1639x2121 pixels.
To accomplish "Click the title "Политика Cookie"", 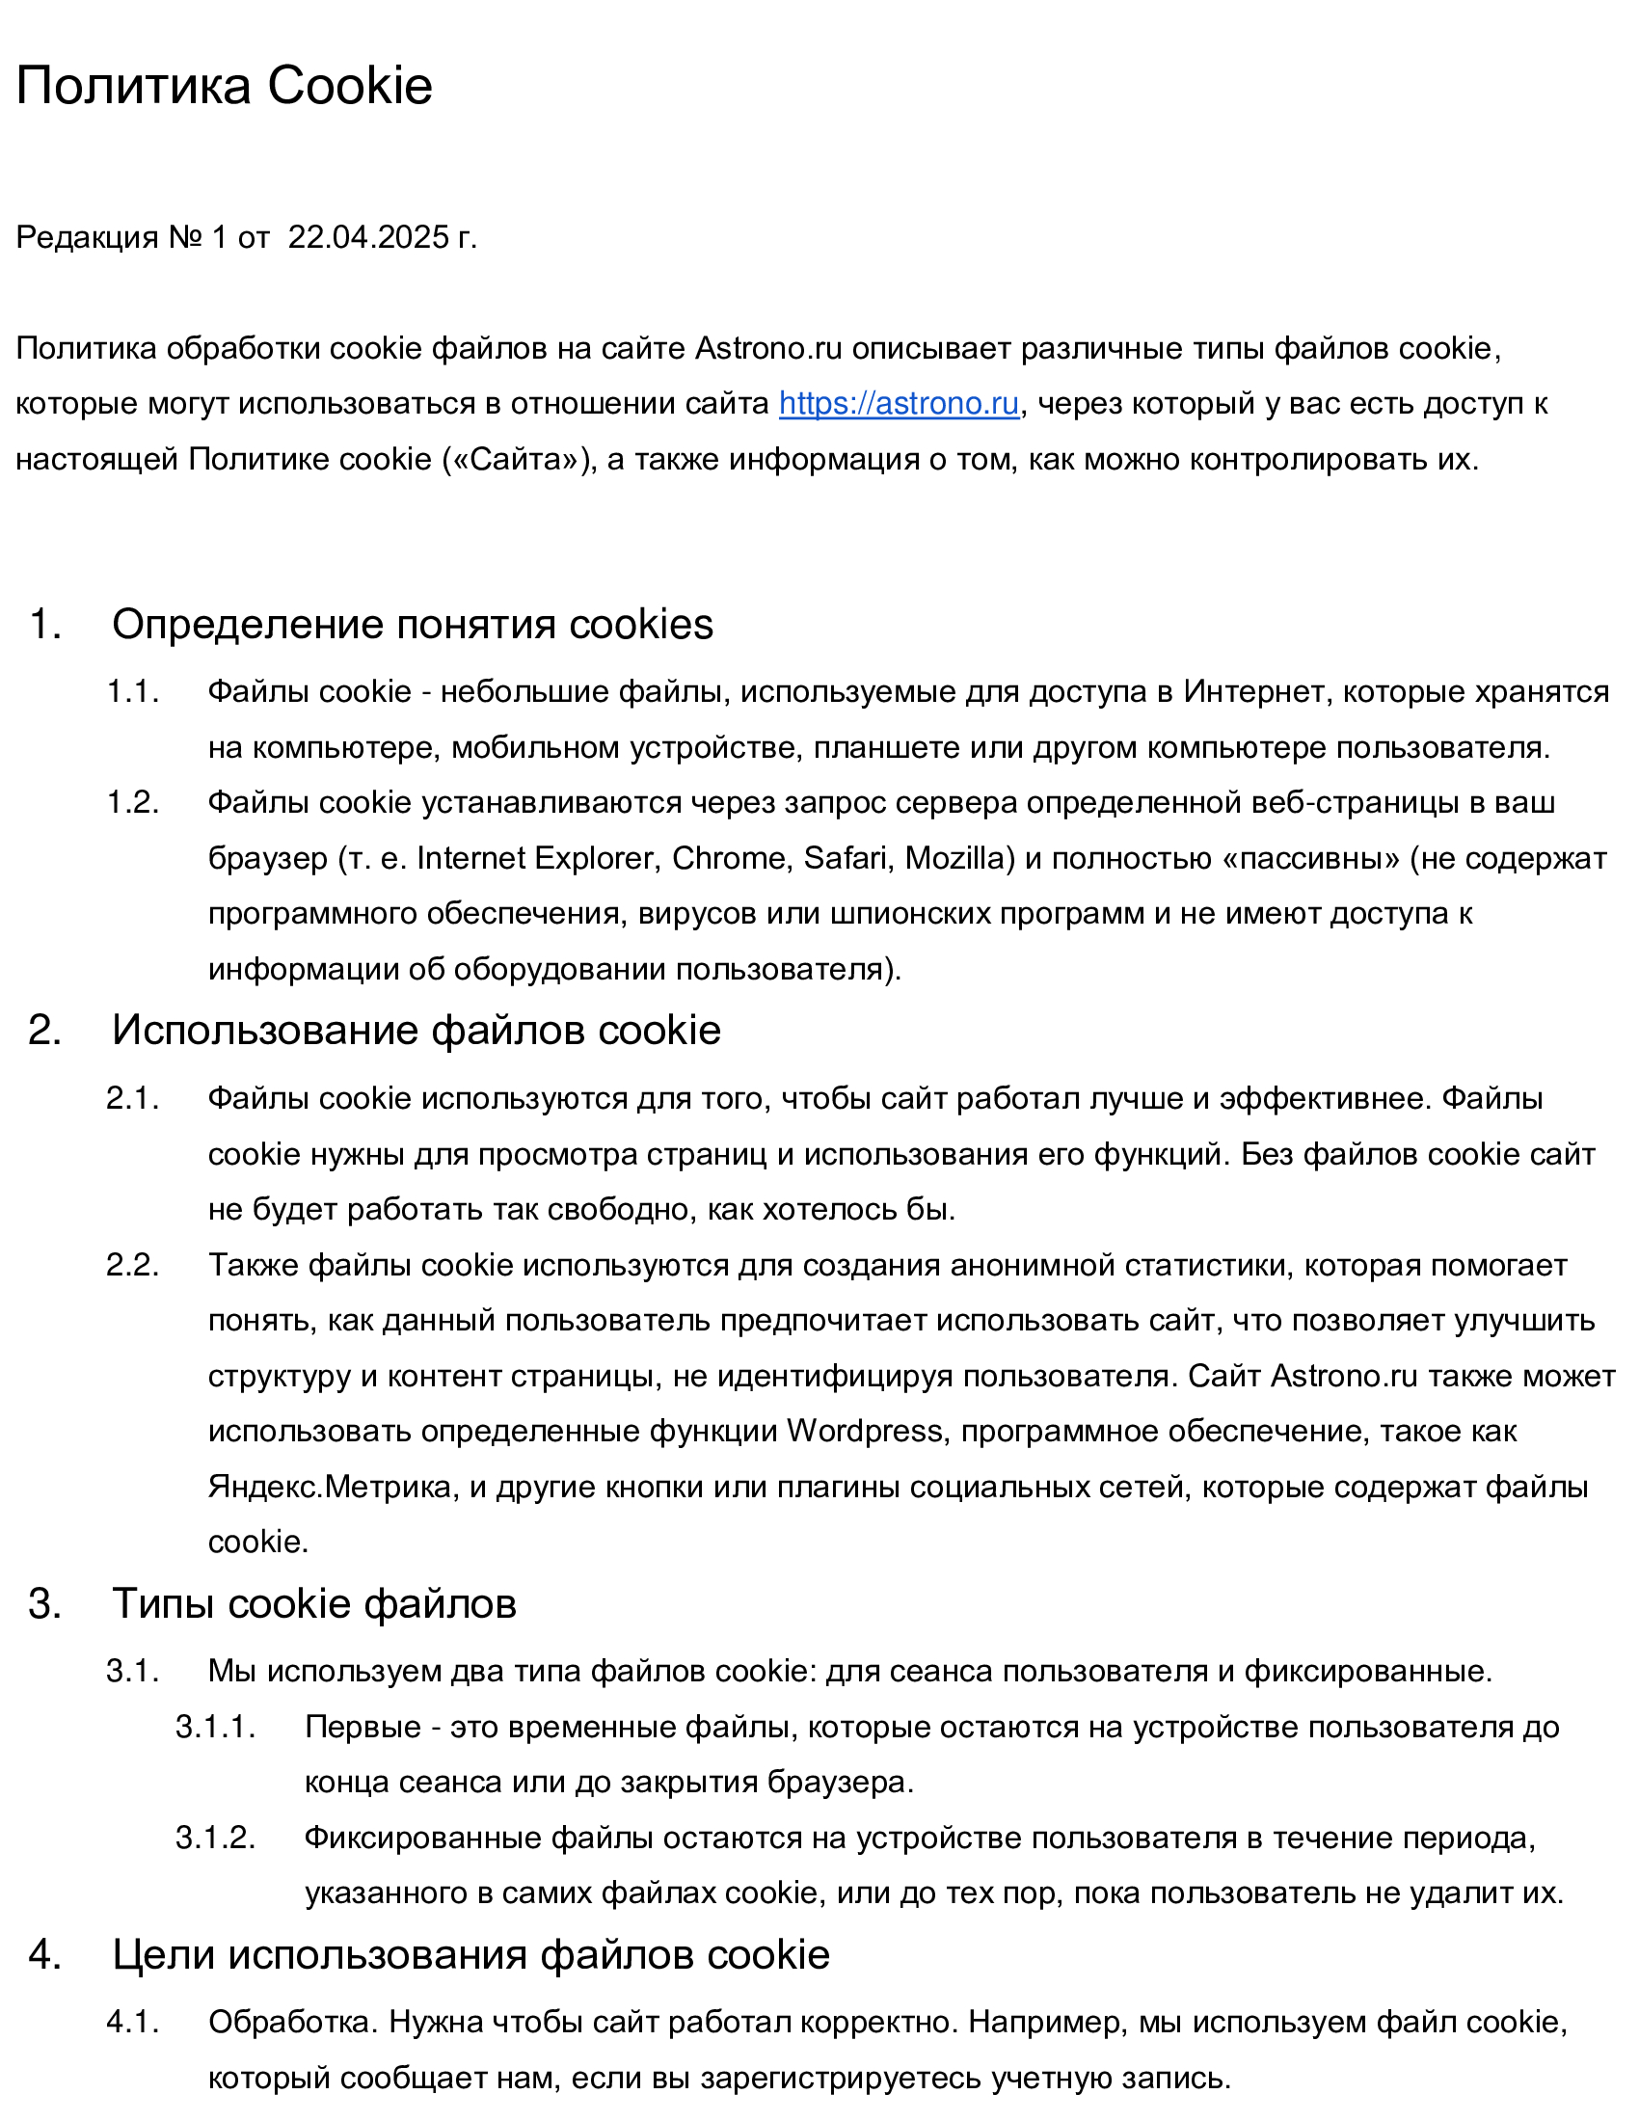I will [225, 86].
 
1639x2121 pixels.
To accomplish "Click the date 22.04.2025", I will [369, 237].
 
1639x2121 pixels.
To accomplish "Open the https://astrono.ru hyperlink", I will [899, 403].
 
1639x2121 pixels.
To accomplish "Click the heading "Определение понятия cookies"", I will [412, 624].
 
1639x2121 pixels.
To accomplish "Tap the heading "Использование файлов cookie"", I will [416, 1030].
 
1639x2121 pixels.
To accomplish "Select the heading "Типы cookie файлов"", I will [313, 1603].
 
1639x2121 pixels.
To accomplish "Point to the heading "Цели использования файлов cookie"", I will [470, 1954].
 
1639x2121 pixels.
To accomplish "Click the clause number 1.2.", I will [132, 802].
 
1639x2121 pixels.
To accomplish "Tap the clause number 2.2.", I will [132, 1265].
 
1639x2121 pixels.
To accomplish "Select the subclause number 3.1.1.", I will [215, 1727].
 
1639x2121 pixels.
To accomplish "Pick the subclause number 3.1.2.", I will [215, 1838].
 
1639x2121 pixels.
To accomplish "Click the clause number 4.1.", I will [132, 2022].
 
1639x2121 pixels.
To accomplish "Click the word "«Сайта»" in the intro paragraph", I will [519, 458].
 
